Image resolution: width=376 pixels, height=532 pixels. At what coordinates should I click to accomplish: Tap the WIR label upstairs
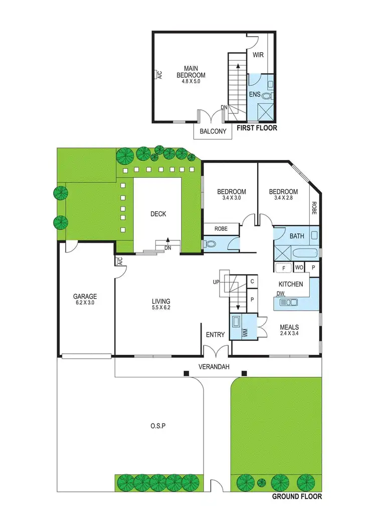click(258, 55)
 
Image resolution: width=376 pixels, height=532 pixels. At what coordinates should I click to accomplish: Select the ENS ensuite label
click(255, 94)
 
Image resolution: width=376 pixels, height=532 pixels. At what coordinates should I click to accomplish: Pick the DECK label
click(158, 214)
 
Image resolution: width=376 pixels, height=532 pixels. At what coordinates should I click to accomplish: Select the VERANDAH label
click(215, 367)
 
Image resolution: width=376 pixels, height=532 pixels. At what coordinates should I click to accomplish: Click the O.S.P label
click(158, 426)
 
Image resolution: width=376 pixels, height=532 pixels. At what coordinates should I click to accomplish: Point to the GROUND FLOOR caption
click(296, 497)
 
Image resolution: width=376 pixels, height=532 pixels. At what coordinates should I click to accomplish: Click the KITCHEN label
click(291, 284)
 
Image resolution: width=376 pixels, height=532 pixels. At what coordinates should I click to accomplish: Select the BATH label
click(297, 235)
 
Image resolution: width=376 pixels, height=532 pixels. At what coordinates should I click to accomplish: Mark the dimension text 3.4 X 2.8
click(283, 198)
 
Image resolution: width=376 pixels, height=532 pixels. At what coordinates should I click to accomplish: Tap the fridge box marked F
click(284, 269)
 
